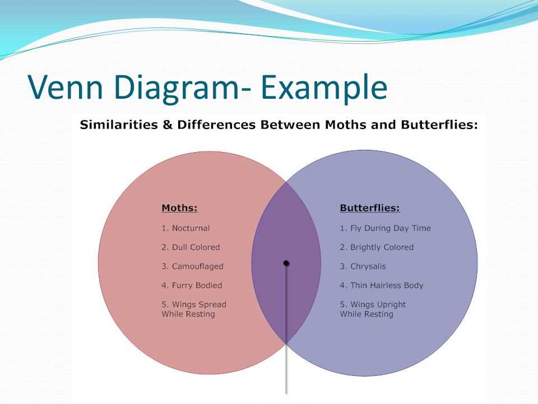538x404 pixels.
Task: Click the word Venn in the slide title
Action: click(65, 86)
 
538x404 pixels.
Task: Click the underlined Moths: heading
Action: click(179, 208)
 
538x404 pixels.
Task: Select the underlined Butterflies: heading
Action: click(370, 208)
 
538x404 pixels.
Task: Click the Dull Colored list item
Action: click(191, 247)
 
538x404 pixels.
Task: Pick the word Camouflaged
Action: click(198, 267)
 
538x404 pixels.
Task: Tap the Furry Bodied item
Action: click(192, 286)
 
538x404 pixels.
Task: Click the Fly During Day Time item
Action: click(386, 228)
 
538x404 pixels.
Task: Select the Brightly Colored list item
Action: click(377, 247)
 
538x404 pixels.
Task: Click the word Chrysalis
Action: click(368, 267)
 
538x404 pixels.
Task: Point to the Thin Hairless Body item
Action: click(382, 286)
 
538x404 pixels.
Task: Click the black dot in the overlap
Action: click(286, 263)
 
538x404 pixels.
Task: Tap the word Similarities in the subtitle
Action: click(119, 125)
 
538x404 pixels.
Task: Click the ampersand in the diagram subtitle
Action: click(168, 125)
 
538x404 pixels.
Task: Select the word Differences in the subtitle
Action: click(216, 125)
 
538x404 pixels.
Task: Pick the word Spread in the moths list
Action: click(212, 305)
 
